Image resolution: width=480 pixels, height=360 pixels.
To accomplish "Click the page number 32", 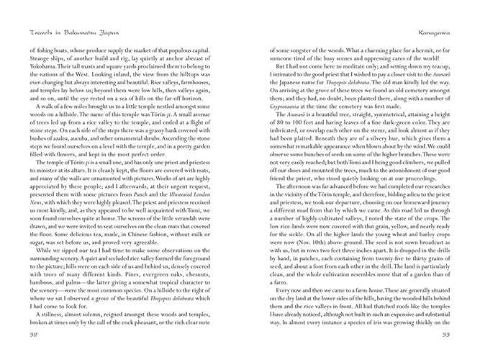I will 32,334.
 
